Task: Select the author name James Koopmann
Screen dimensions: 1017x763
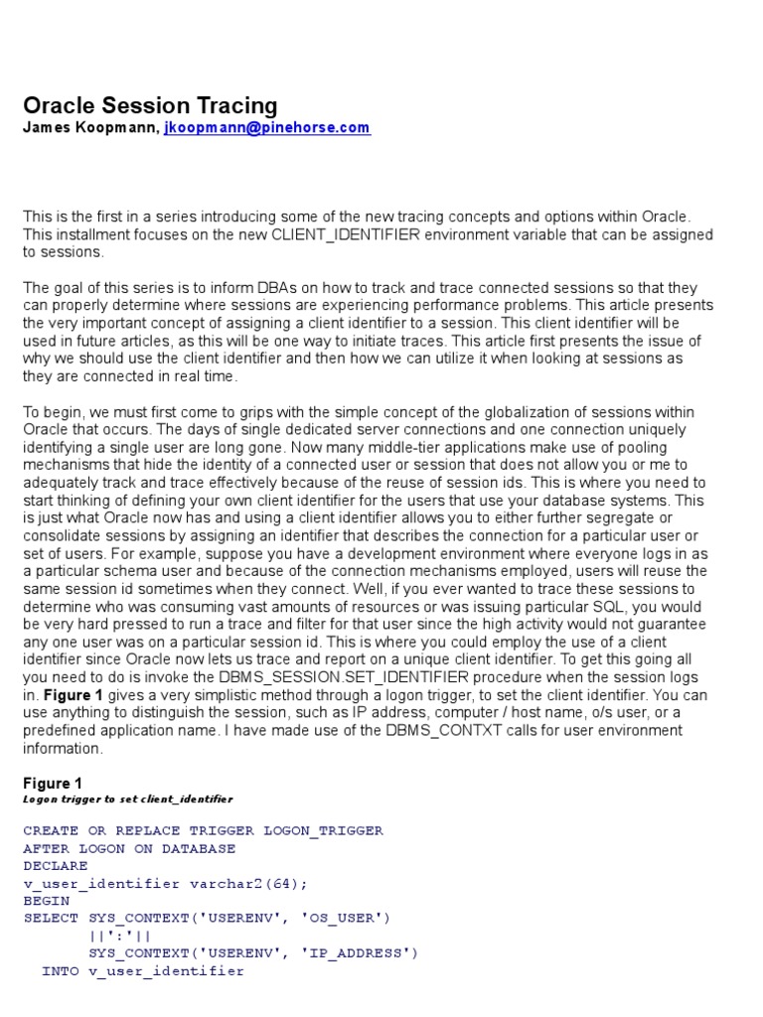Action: coord(88,128)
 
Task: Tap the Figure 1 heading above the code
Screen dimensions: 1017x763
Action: coord(53,783)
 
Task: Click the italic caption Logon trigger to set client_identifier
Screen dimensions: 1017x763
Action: coord(127,799)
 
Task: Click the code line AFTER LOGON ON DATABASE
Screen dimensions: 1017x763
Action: coord(129,848)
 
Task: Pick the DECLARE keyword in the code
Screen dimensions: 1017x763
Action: coord(56,866)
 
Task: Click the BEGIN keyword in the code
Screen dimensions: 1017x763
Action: coord(46,901)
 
